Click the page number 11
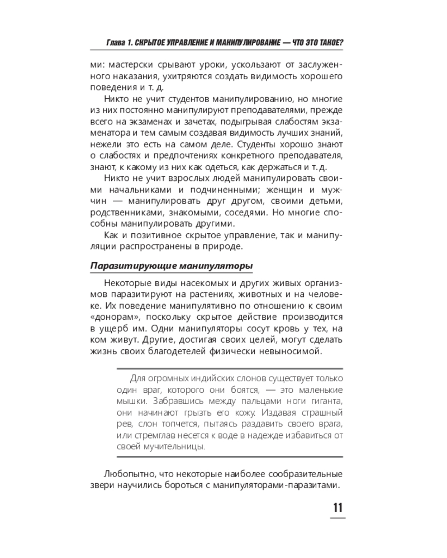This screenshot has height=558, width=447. click(337, 508)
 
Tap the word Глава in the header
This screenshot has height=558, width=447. click(118, 43)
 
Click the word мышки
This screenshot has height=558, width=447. click(132, 402)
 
